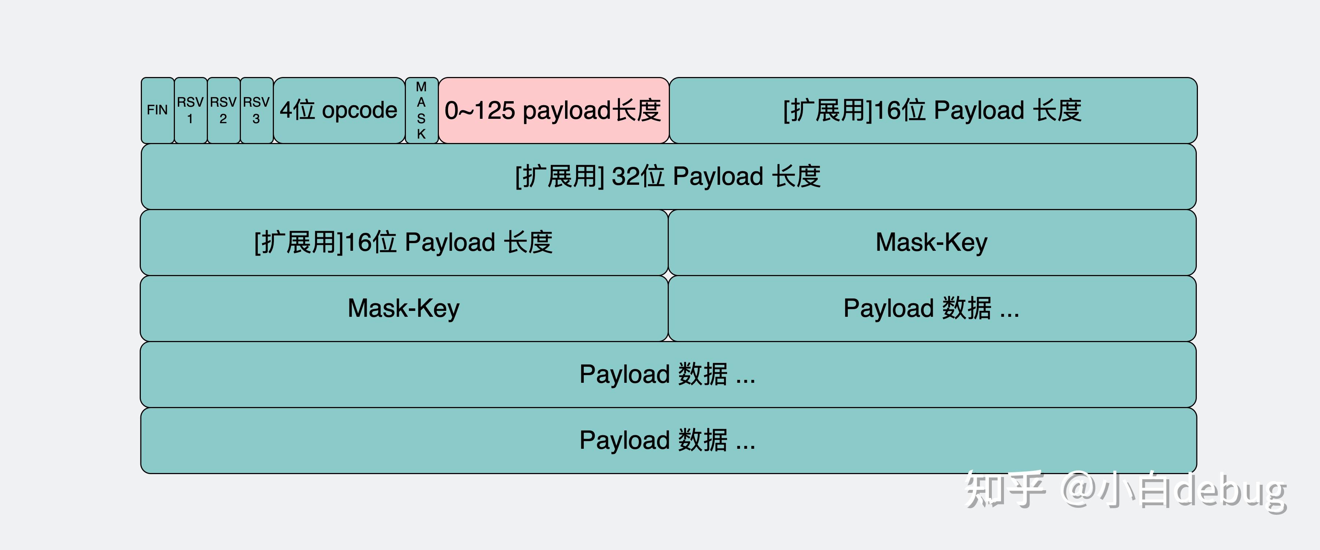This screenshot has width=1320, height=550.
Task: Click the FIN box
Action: [x=158, y=110]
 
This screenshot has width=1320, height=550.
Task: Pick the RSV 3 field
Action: [x=257, y=110]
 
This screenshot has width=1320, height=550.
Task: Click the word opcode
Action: [x=360, y=111]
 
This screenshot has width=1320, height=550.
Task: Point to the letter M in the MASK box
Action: [x=421, y=87]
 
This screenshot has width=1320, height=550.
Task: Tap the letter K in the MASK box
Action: [x=421, y=134]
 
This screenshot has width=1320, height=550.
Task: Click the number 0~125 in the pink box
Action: [x=480, y=111]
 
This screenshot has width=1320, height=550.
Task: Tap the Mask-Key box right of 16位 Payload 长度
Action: [x=932, y=242]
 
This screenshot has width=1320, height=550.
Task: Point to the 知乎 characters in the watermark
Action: [x=1004, y=489]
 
